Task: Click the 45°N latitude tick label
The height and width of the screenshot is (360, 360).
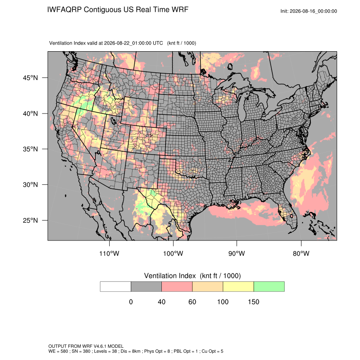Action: click(x=30, y=78)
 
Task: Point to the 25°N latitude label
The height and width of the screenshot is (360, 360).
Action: click(x=30, y=220)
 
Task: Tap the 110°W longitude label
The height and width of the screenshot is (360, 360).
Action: click(x=109, y=253)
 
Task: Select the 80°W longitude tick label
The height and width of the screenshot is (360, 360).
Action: click(x=301, y=253)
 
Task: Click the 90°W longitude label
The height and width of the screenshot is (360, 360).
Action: click(x=236, y=253)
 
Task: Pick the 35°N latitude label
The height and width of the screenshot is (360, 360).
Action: click(x=30, y=149)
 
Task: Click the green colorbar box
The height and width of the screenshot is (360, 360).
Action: click(x=269, y=287)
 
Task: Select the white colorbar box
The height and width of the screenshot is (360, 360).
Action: click(x=116, y=287)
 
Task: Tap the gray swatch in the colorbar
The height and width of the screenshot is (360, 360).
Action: click(x=146, y=287)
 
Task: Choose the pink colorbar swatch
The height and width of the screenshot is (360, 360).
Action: click(x=177, y=287)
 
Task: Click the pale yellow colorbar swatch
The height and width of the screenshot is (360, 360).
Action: click(x=238, y=287)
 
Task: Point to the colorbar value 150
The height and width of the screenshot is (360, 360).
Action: click(x=253, y=302)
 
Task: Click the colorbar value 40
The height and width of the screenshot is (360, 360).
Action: click(x=162, y=302)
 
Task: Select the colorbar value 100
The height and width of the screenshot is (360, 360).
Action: click(x=223, y=302)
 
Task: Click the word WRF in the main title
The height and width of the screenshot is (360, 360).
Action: click(x=181, y=10)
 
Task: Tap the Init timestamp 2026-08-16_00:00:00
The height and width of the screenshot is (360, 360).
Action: click(x=313, y=11)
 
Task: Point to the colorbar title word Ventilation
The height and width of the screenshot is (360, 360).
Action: click(x=170, y=276)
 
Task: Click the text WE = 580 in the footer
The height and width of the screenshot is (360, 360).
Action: click(x=58, y=351)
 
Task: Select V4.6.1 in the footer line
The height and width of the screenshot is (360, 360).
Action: click(x=100, y=346)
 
